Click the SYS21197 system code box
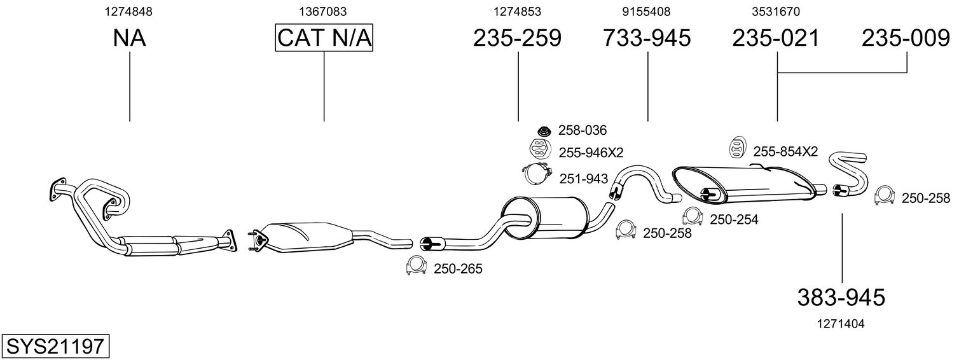pos(55,347)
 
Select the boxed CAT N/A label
pos(324,38)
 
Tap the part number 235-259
pos(517,38)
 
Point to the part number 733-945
pos(646,38)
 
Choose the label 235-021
pos(776,38)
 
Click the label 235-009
pos(906,38)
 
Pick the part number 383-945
pos(841,298)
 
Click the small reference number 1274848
pos(128,11)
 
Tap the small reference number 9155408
pos(646,11)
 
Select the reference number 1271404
pos(841,324)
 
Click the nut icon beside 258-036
pos(542,130)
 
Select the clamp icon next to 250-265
pos(416,266)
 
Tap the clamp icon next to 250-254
pos(693,216)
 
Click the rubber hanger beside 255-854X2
pos(737,146)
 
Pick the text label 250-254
pos(734,219)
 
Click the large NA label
pos(129,38)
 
